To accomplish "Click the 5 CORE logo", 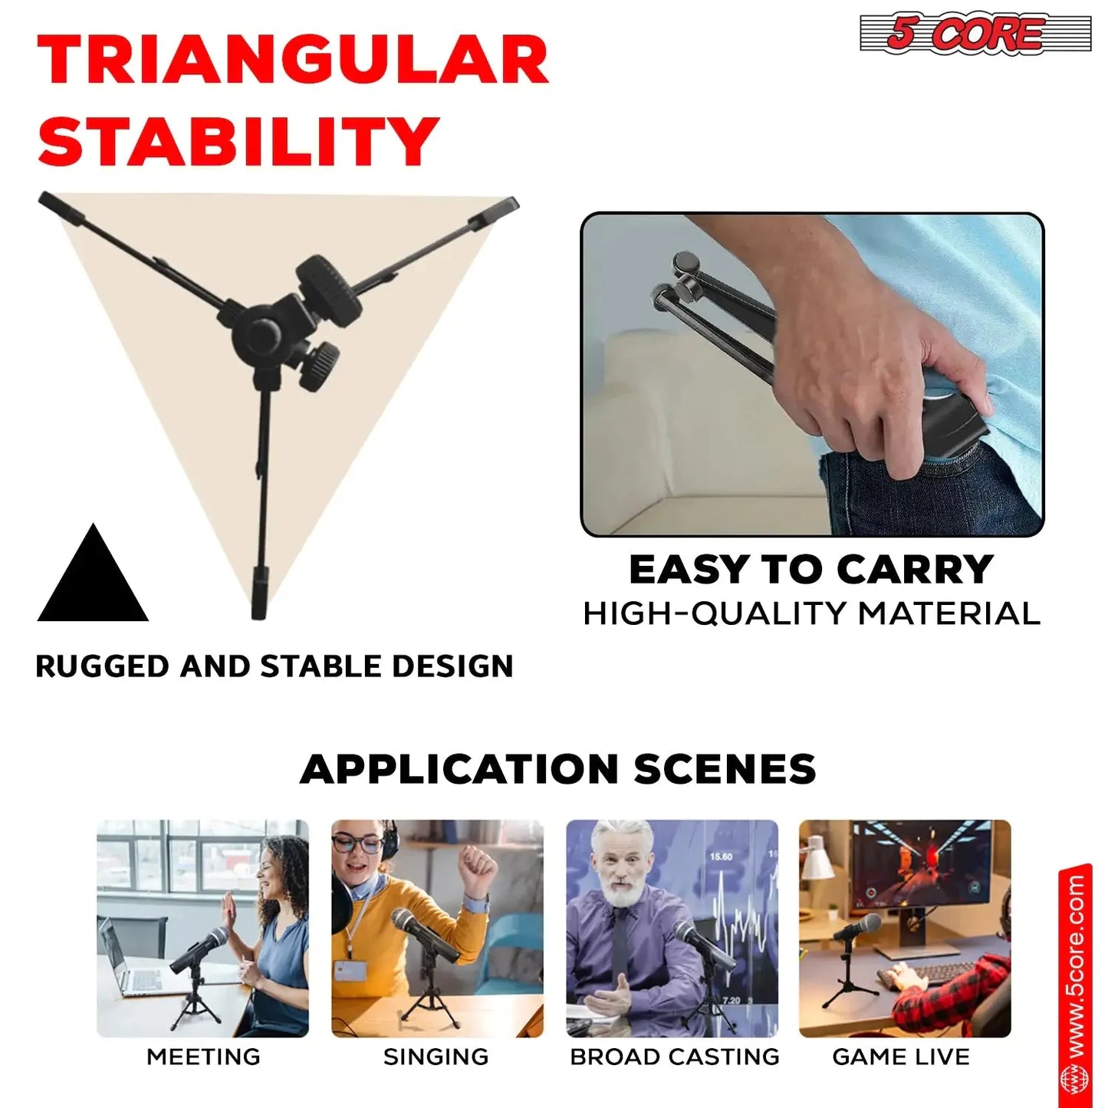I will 974,33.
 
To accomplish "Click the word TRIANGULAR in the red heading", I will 293,61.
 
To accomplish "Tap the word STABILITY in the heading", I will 238,141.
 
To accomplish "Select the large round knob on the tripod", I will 329,288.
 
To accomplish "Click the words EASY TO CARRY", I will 811,570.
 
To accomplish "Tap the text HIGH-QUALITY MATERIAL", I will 811,613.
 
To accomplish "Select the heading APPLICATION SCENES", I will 557,769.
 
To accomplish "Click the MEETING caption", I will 203,1057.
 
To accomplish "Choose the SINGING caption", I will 436,1057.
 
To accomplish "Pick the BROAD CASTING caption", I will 674,1057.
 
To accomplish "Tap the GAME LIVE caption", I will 901,1057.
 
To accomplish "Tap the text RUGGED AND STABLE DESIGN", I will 275,666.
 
